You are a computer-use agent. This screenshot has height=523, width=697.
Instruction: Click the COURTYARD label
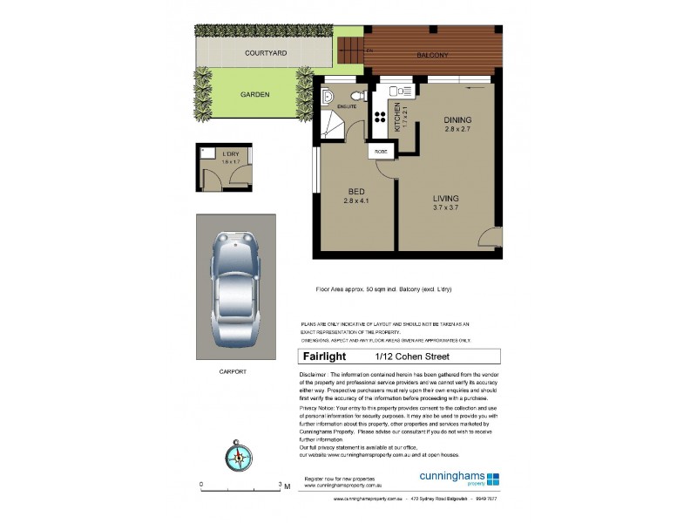click(x=266, y=53)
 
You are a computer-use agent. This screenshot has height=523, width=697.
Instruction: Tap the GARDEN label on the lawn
click(x=256, y=94)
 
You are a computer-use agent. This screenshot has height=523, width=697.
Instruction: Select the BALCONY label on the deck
click(x=432, y=56)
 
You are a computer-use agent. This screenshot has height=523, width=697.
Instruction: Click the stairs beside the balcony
click(x=349, y=50)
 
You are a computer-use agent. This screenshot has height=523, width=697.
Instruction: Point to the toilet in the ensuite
click(x=328, y=96)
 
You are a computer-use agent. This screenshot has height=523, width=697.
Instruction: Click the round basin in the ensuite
click(x=357, y=97)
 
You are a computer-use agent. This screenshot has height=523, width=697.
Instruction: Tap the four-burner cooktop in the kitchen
click(x=381, y=118)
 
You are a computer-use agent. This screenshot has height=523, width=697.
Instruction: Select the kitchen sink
click(x=397, y=90)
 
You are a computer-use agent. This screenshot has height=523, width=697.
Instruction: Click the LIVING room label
click(x=445, y=199)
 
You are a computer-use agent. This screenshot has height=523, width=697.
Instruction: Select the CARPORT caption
click(x=233, y=371)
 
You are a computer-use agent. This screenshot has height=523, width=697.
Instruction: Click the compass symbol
click(x=236, y=452)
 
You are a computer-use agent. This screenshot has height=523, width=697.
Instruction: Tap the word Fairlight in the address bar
click(x=324, y=356)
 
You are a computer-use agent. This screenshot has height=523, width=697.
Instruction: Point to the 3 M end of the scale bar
click(x=283, y=485)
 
